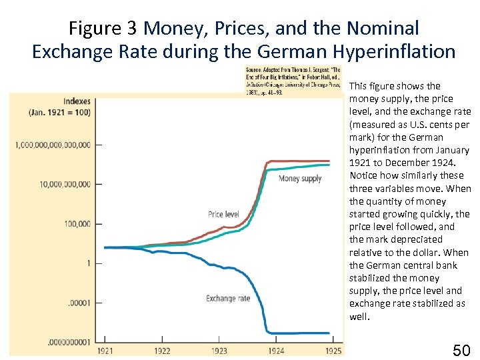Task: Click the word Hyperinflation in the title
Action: (x=391, y=51)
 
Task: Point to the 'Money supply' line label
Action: (x=300, y=179)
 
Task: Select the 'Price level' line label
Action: (x=223, y=214)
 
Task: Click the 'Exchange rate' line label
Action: (x=228, y=298)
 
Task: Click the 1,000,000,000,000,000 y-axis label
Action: (x=53, y=145)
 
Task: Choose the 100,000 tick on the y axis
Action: (x=78, y=224)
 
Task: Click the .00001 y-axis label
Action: (x=79, y=303)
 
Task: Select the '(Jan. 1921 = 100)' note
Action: (x=60, y=112)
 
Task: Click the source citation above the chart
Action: (x=293, y=81)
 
